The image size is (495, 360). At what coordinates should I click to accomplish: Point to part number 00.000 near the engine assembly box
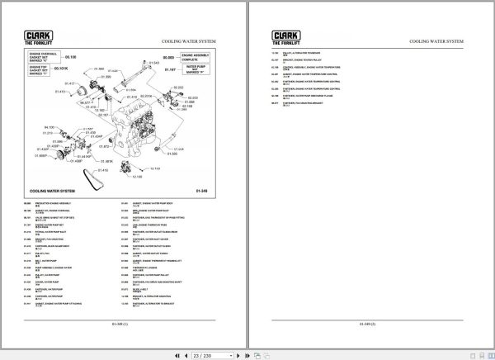(x=169, y=57)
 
